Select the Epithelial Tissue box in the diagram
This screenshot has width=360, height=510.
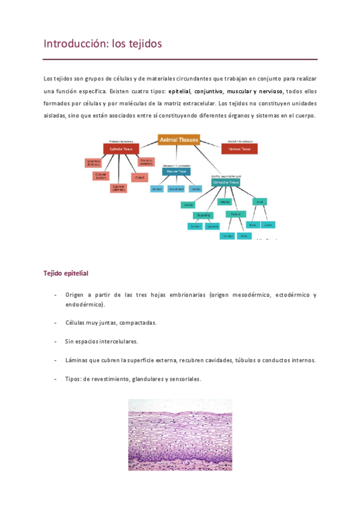pyautogui.click(x=121, y=148)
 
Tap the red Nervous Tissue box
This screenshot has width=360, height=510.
pyautogui.click(x=239, y=148)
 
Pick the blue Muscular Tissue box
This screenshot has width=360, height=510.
pyautogui.click(x=176, y=171)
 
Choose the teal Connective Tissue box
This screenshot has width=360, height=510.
pyautogui.click(x=225, y=182)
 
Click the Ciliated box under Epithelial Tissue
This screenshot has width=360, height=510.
pyautogui.click(x=139, y=177)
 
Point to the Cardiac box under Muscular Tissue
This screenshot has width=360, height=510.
pyautogui.click(x=195, y=189)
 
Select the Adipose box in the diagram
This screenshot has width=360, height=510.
pyautogui.click(x=224, y=201)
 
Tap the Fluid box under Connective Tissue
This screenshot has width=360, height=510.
pyautogui.click(x=260, y=201)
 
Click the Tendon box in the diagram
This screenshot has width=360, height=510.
pyautogui.click(x=194, y=226)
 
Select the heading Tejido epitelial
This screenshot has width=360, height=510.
pyautogui.click(x=66, y=273)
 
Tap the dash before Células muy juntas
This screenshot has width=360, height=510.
pyautogui.click(x=55, y=322)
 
